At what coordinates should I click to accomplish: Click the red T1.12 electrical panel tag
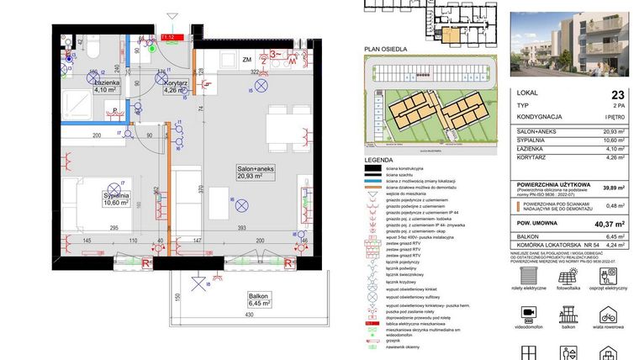(168, 37)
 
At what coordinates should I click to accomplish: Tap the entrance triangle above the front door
(172, 15)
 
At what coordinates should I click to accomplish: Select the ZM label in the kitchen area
(247, 61)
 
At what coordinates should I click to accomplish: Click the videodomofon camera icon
(530, 313)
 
